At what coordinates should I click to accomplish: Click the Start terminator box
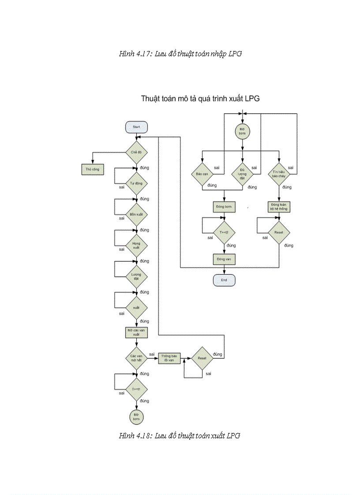136,127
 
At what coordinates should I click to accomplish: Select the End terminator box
224,280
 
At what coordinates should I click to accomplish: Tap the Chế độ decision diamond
136,152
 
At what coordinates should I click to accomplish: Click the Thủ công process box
93,169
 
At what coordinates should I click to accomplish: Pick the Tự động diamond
136,183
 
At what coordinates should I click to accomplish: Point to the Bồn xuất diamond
136,214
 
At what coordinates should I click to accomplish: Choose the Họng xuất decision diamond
136,245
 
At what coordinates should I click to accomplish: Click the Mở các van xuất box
136,332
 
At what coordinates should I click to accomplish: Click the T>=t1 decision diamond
136,389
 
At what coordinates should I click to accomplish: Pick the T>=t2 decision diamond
224,232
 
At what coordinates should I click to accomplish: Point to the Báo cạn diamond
202,174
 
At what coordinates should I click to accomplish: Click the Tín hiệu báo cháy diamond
279,174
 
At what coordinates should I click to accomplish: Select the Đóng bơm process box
224,207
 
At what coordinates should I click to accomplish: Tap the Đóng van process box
224,259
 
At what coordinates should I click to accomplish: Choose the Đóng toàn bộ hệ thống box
279,207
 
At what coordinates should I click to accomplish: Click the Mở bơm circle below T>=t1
136,416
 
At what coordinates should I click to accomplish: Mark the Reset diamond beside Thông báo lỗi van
202,358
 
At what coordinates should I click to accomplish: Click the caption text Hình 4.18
179,436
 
